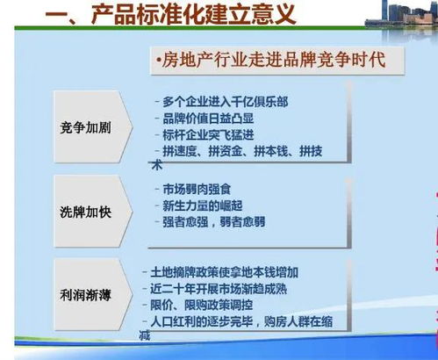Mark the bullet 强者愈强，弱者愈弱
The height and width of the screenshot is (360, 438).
[219, 222]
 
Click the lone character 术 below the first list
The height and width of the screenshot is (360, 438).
[157, 164]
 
